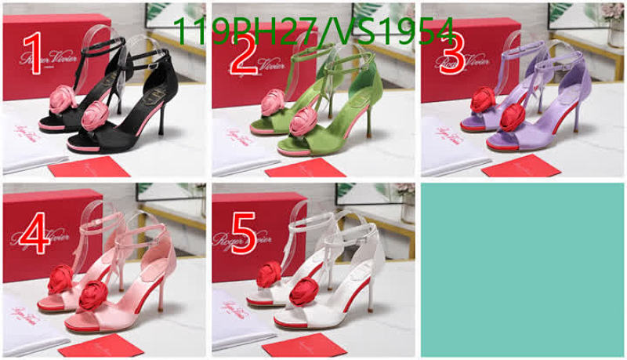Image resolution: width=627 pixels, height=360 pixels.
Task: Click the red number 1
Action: (33, 54)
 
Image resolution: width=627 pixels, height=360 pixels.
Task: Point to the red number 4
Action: (36, 233)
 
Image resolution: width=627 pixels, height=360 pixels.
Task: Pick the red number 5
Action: (243, 233)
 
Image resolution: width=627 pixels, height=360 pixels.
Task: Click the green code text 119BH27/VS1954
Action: (313, 31)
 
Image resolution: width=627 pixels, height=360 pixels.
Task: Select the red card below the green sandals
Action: (305, 167)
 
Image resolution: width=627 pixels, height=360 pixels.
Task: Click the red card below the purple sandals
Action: (520, 165)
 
